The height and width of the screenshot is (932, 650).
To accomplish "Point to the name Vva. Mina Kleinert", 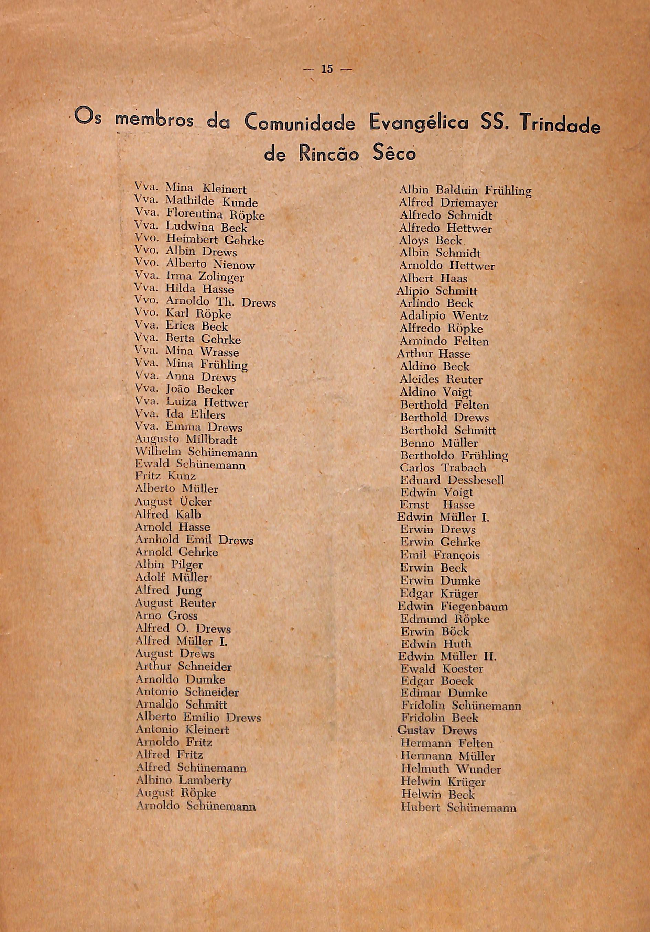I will (191, 189).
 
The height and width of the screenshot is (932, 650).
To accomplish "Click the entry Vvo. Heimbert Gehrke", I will (199, 240).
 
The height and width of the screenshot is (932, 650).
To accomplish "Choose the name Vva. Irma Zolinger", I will (189, 277).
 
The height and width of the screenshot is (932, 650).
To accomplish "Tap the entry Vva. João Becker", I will (184, 390).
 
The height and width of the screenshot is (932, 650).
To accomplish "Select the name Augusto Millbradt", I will (186, 440).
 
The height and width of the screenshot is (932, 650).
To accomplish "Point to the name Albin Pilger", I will (169, 565).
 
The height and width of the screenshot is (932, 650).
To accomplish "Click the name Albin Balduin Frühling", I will (465, 190).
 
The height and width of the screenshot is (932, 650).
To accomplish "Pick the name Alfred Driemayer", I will (448, 203).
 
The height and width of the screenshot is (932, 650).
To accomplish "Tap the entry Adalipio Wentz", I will (444, 316).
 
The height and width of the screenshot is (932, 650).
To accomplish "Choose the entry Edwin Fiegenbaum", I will (453, 607).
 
